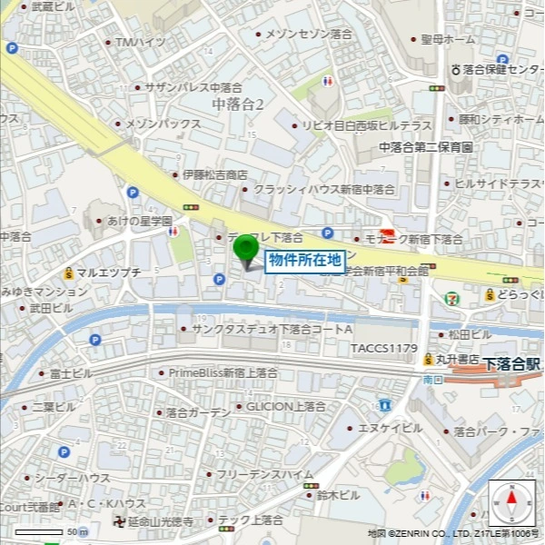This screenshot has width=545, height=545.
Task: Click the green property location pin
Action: tap(246, 249)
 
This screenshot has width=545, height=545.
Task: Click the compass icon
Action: tap(511, 502)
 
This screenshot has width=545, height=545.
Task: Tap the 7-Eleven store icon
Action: tap(452, 297)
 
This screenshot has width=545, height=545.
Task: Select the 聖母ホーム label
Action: tap(448, 40)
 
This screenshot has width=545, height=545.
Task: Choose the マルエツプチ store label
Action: tap(108, 272)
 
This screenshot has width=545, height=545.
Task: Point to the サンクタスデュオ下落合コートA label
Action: tap(272, 329)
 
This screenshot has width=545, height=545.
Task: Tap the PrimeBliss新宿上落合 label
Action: tap(223, 372)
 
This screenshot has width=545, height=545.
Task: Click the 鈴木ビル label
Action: tap(339, 495)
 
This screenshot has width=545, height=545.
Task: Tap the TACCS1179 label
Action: tap(383, 348)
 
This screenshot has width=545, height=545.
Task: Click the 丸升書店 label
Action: tap(456, 360)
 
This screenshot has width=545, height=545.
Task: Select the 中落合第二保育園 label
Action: tap(426, 147)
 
